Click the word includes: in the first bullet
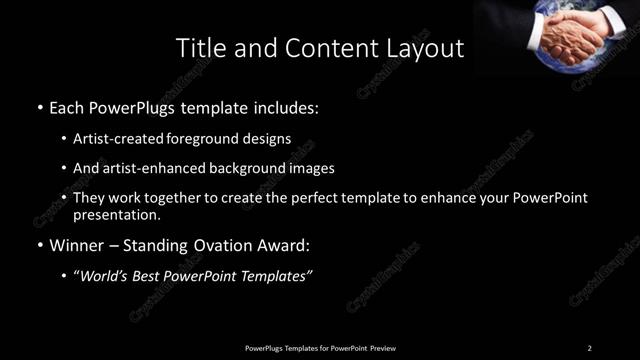coord(288,106)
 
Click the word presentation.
coord(116,215)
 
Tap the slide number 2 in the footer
coord(589,347)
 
